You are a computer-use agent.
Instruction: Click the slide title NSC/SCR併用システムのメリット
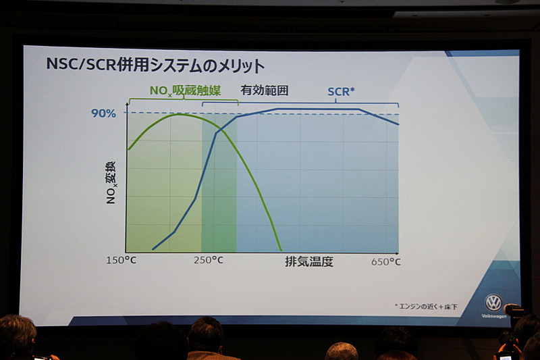point(155,66)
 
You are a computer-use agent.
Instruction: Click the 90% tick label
point(103,113)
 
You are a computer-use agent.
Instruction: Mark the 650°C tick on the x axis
point(385,261)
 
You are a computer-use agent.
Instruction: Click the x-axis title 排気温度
point(309,261)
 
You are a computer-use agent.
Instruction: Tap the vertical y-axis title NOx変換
point(111,182)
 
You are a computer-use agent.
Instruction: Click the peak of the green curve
point(178,114)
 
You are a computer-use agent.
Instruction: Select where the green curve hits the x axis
point(281,251)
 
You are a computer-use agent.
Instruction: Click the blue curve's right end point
point(398,124)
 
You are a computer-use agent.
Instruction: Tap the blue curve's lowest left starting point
point(153,249)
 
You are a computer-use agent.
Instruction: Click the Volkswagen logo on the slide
point(493,303)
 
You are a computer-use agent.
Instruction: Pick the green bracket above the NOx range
point(183,101)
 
